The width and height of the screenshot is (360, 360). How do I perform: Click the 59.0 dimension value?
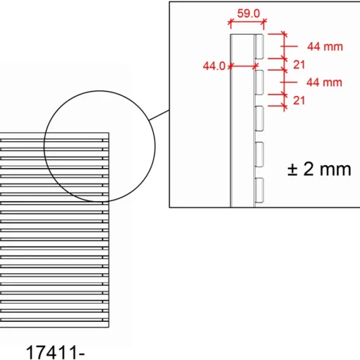point(248,13)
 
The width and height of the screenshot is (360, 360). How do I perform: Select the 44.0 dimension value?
point(214,66)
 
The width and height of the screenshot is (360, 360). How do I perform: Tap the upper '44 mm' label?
point(325,47)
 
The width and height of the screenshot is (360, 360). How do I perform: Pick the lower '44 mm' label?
point(324,83)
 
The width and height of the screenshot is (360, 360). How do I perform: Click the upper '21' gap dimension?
point(299,65)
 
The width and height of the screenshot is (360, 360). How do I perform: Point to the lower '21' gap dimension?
point(299,100)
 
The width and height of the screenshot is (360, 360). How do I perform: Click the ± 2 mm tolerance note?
point(319,169)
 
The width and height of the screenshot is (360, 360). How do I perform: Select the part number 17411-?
point(55,352)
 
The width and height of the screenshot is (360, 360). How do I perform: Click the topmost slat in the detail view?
point(259,47)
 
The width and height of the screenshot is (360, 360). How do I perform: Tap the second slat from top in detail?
point(259,83)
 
